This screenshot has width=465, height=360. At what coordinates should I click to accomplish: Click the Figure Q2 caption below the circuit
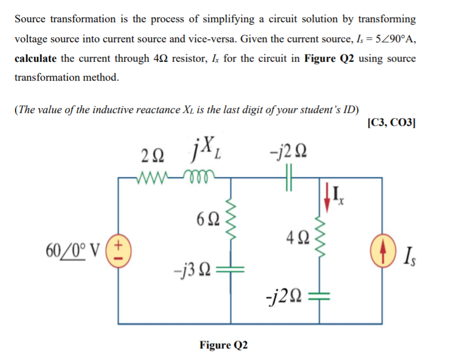pos(223,345)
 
